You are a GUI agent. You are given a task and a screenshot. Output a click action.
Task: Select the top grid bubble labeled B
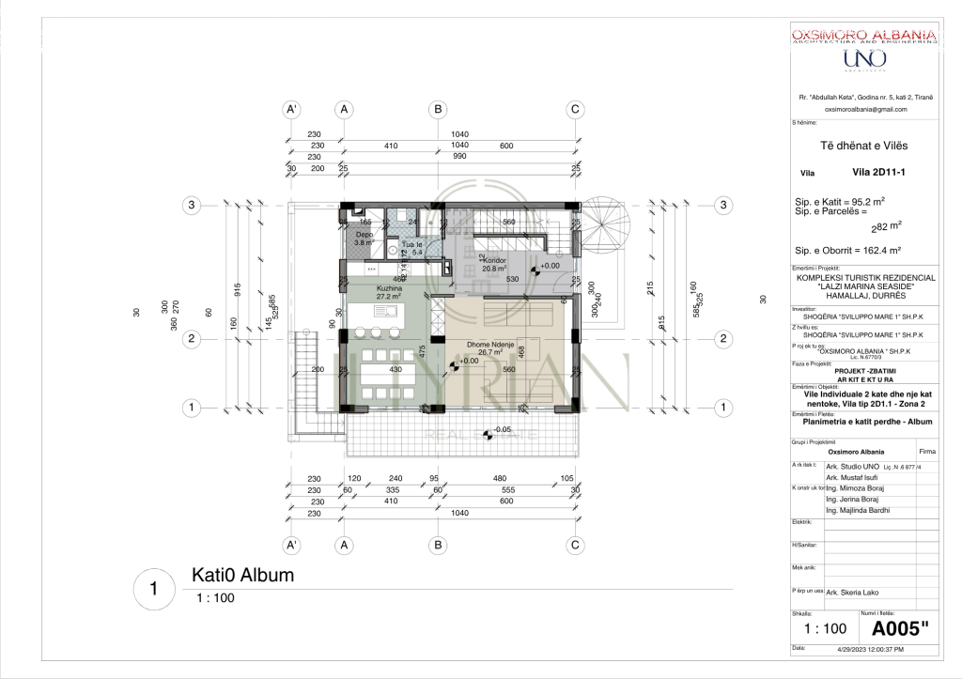438,110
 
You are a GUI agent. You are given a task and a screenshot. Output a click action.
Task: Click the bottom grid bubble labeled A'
291,545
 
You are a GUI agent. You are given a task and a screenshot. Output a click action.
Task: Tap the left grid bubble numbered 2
191,339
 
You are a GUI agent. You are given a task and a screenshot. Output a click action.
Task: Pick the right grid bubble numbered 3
723,205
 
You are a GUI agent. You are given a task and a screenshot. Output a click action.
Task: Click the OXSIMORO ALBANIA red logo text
863,36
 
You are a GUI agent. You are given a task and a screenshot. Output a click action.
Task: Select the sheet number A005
900,628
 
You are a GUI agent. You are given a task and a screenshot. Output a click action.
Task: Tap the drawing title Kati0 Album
242,575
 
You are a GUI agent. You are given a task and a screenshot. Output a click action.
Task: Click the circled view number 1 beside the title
153,589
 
